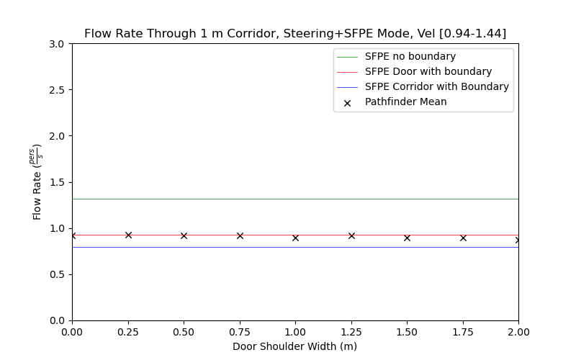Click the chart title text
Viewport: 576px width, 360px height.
[x=295, y=34]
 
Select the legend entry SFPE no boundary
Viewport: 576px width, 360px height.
[x=410, y=56]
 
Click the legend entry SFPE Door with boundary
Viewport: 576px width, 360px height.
[x=428, y=71]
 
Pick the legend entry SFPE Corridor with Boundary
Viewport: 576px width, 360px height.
[x=436, y=86]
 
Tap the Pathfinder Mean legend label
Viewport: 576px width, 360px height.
[x=405, y=102]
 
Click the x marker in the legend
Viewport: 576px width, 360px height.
[x=347, y=102]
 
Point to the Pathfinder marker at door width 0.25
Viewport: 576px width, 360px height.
[x=128, y=235]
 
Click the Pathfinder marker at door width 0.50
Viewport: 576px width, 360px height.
[x=184, y=235]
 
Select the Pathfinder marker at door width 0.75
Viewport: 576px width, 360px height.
[x=240, y=235]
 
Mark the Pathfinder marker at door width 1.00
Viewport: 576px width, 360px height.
[x=295, y=238]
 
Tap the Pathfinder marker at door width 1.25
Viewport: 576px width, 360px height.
[x=351, y=235]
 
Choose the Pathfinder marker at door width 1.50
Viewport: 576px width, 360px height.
[x=407, y=238]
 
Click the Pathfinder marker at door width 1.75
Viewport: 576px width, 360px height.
[x=463, y=238]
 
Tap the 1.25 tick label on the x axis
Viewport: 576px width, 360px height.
[x=351, y=332]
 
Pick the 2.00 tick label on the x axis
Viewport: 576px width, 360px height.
[x=518, y=332]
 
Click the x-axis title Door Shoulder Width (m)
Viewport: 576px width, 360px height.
[x=295, y=346]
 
